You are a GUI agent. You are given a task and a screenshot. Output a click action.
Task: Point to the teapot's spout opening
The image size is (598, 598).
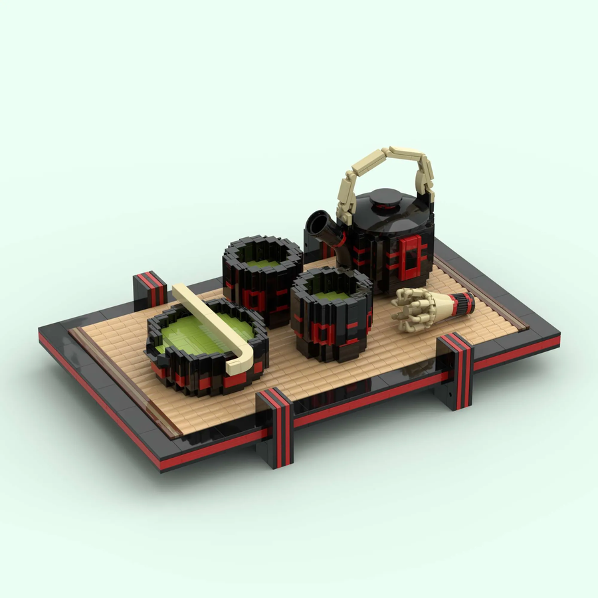pyautogui.click(x=318, y=221)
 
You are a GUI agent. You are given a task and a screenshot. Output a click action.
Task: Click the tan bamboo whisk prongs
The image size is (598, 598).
pyautogui.click(x=412, y=310)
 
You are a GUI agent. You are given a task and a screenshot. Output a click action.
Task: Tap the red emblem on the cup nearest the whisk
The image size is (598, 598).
pyautogui.click(x=325, y=332)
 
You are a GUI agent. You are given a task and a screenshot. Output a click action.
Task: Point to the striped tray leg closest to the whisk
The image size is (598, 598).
pyautogui.click(x=455, y=369)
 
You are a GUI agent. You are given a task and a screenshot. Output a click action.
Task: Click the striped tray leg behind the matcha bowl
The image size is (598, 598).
pyautogui.click(x=151, y=287)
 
